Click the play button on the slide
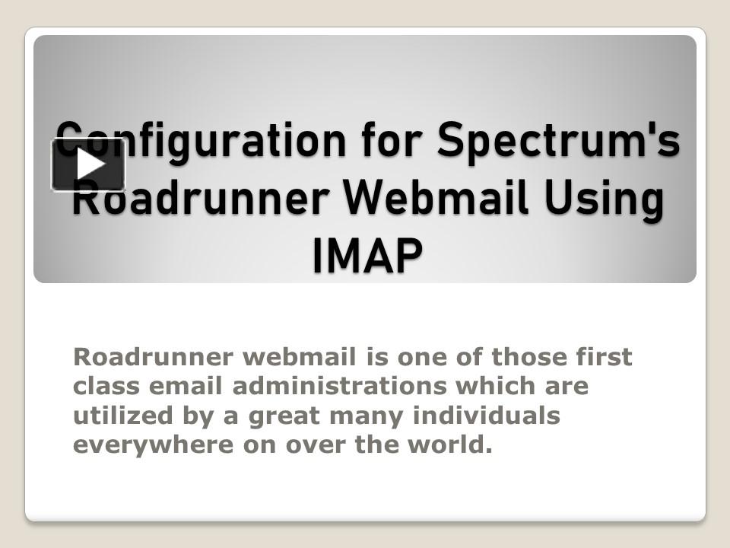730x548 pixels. [x=88, y=164]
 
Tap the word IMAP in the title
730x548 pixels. [x=366, y=256]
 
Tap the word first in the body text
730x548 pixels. [x=606, y=356]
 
